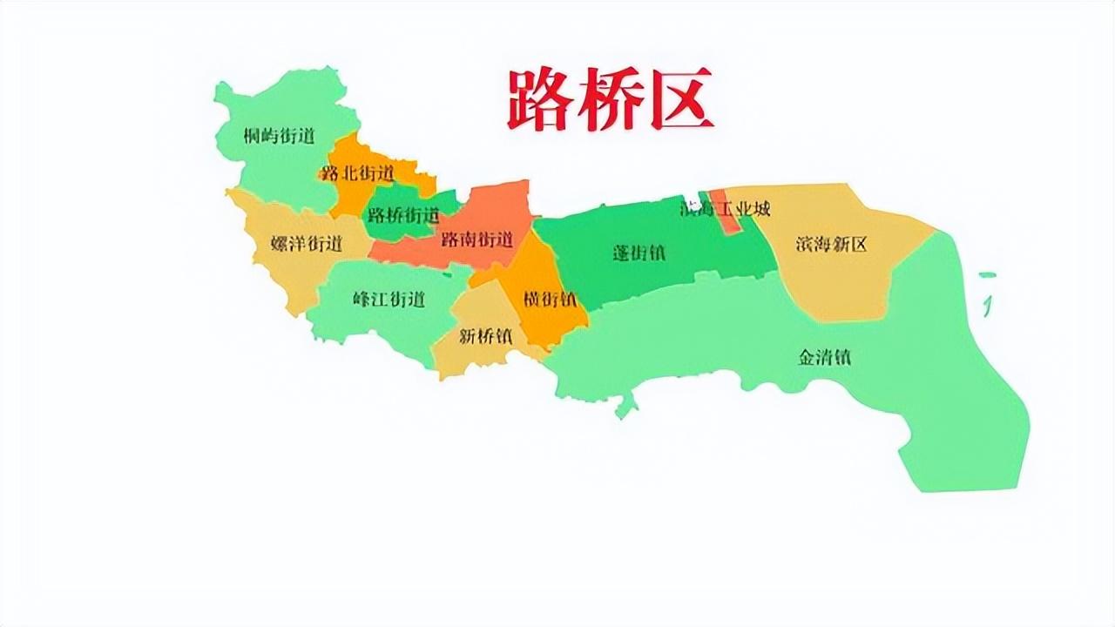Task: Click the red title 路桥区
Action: point(610,99)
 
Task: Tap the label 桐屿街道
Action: point(279,136)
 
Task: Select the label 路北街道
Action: point(357,172)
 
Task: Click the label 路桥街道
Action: point(403,214)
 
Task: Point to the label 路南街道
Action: point(476,239)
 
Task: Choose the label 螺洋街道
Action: point(307,244)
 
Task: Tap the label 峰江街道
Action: point(389,300)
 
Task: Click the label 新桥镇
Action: point(485,336)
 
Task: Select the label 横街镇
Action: point(550,299)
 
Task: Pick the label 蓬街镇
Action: point(639,253)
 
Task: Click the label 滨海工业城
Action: point(725,208)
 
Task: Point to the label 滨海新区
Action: point(831,244)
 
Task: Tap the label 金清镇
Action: point(824,357)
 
